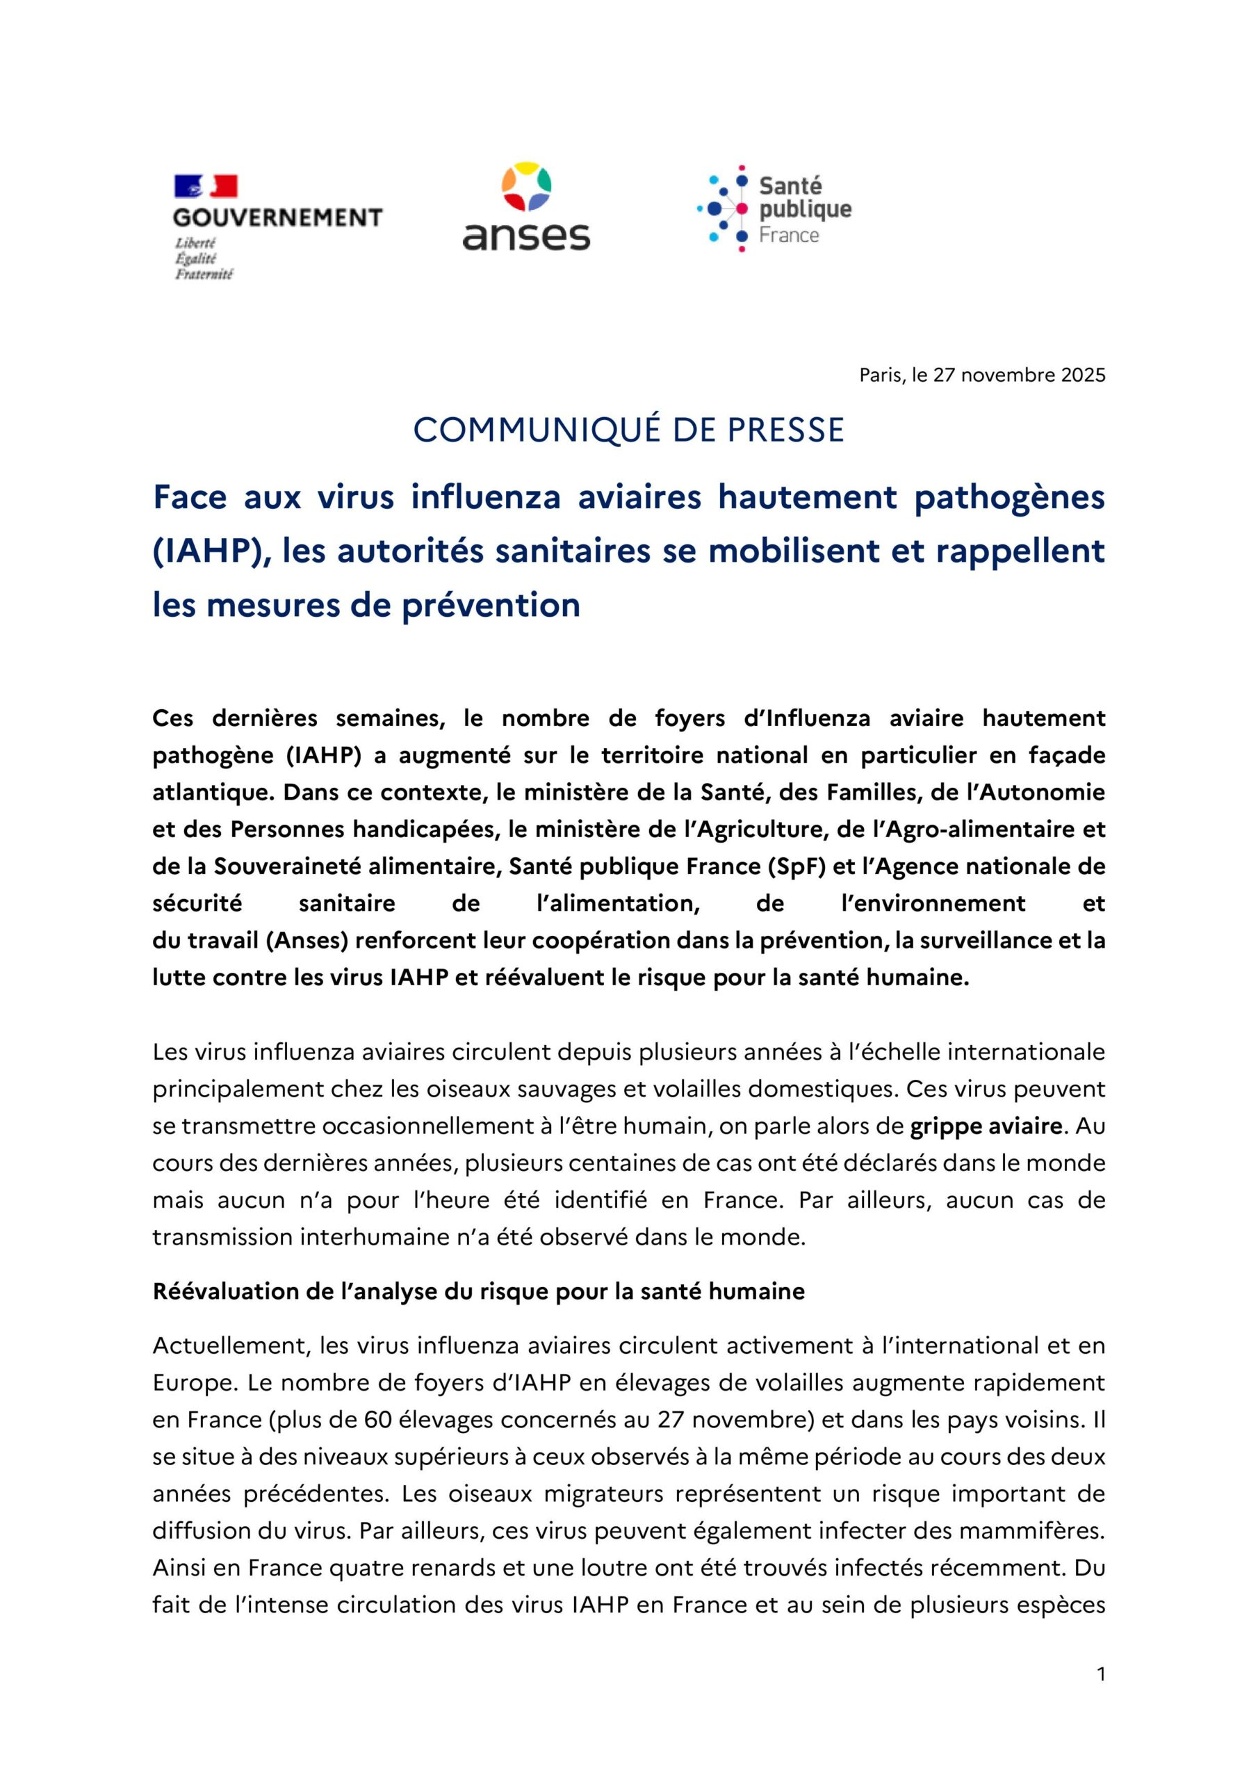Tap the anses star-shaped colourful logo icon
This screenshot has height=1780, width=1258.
(x=526, y=187)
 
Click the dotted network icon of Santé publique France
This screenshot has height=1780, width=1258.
(x=722, y=208)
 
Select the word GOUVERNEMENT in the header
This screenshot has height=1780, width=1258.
(x=278, y=218)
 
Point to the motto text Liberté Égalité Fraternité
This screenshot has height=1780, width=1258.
(x=204, y=258)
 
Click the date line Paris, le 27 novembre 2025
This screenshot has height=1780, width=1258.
(x=982, y=376)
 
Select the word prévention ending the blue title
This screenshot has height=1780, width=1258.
(x=491, y=606)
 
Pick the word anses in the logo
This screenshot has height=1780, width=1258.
(x=526, y=235)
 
